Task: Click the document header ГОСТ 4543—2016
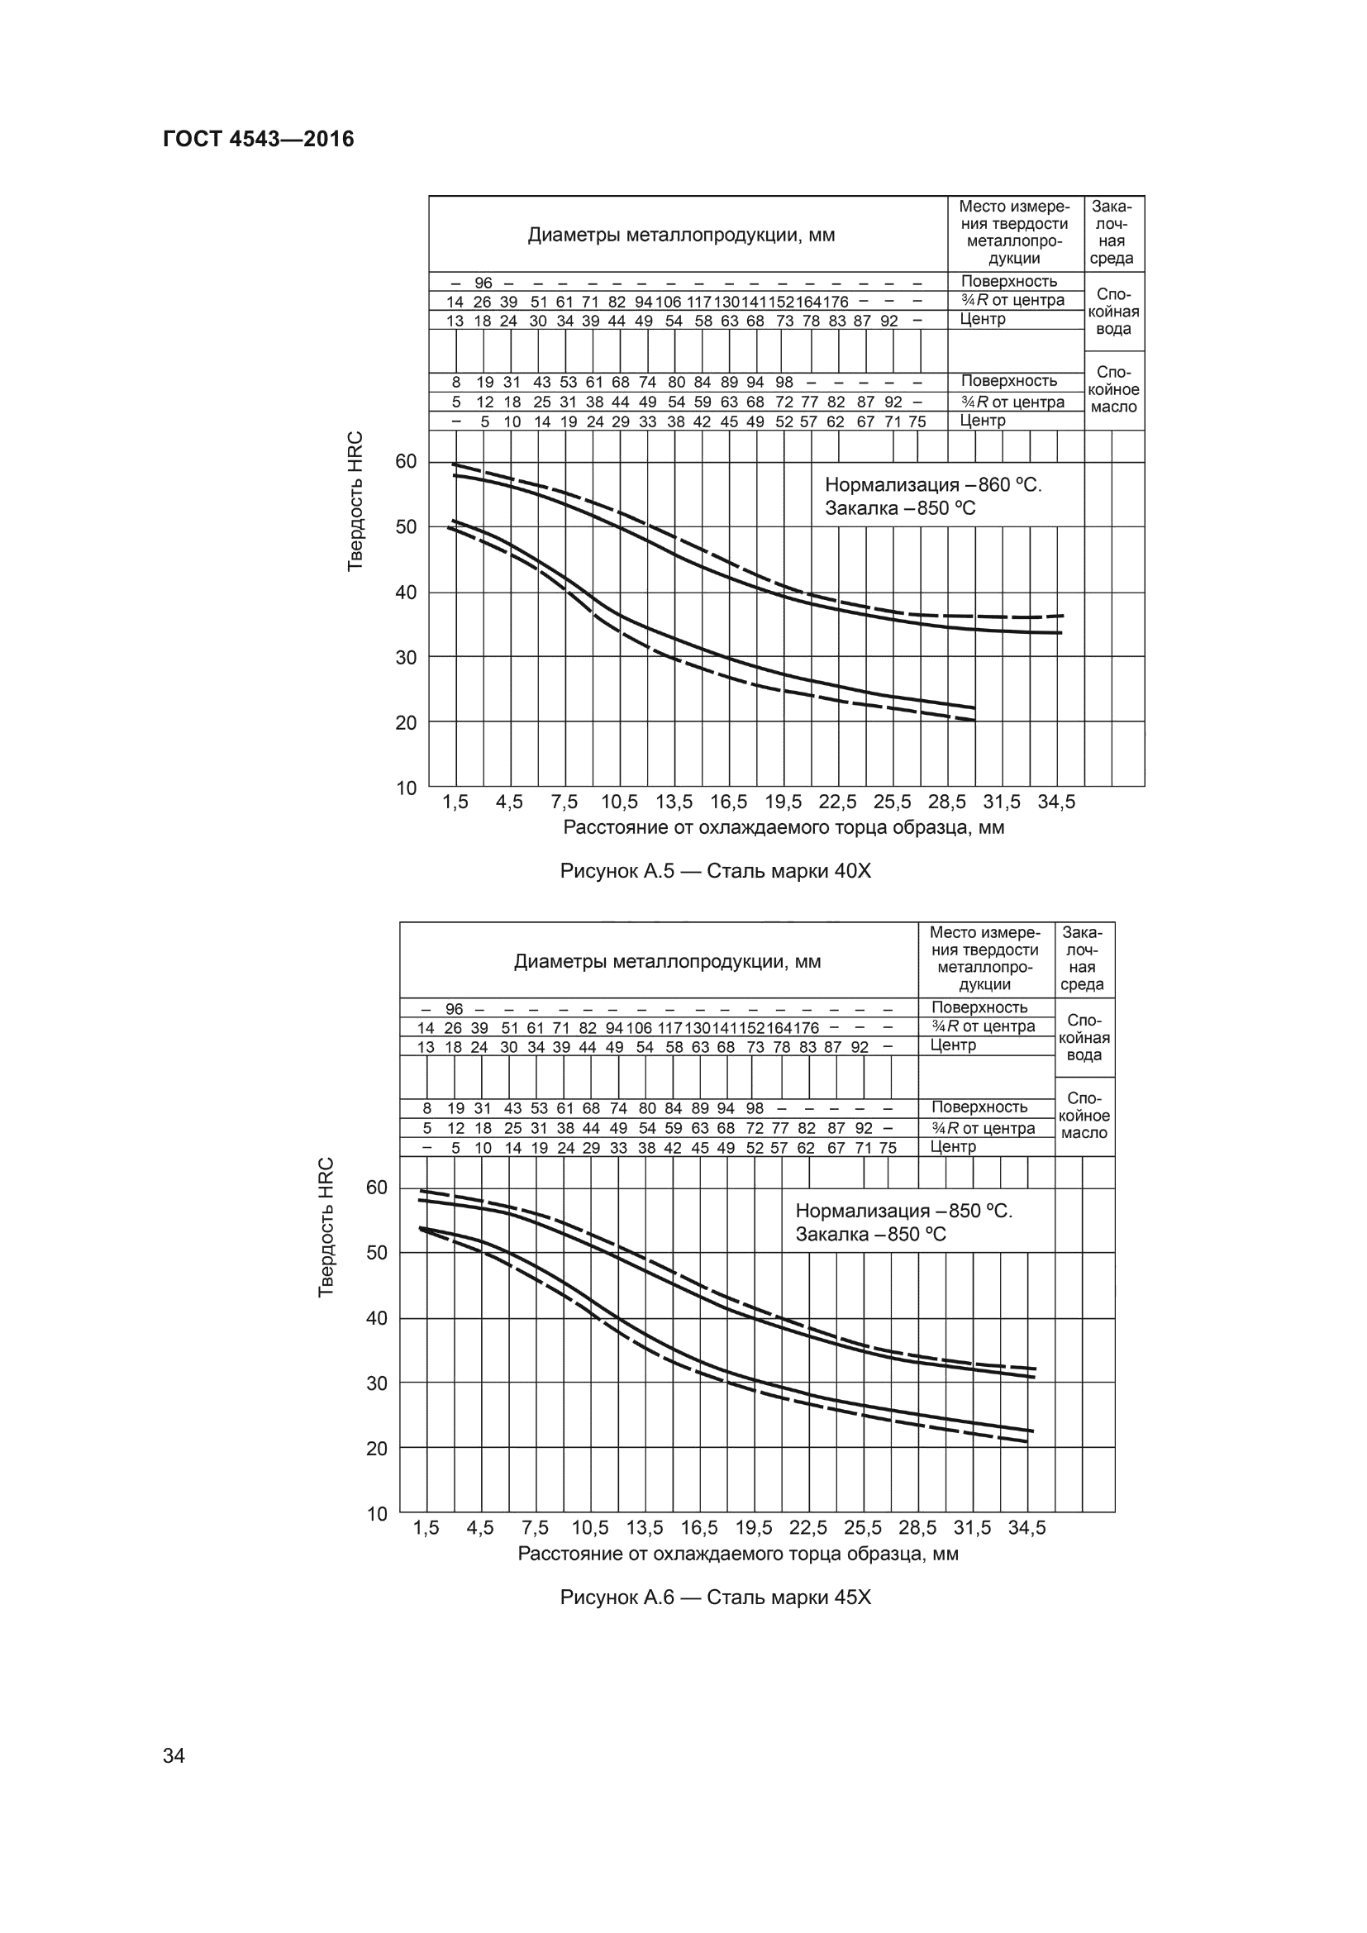coord(259,139)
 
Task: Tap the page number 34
coord(174,1755)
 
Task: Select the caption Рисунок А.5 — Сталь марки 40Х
coord(715,871)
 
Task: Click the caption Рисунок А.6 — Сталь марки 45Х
coord(715,1597)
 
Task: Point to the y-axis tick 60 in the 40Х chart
coord(406,461)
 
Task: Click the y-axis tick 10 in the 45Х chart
coord(377,1514)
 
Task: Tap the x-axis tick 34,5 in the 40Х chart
coord(1055,802)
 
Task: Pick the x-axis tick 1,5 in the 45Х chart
coord(426,1528)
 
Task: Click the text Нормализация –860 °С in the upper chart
coord(932,486)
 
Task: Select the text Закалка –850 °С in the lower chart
coord(870,1235)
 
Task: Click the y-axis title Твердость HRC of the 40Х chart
coord(355,501)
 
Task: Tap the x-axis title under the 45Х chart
coord(737,1554)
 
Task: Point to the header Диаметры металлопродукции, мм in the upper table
coord(681,235)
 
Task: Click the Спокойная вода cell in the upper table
coord(1112,312)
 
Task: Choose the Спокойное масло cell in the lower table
coord(1084,1116)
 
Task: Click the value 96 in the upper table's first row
coord(483,283)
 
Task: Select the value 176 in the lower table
coord(806,1028)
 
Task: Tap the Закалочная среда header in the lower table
coord(1084,959)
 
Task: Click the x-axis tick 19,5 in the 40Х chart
coord(783,802)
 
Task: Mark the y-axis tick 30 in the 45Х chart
coord(377,1383)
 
